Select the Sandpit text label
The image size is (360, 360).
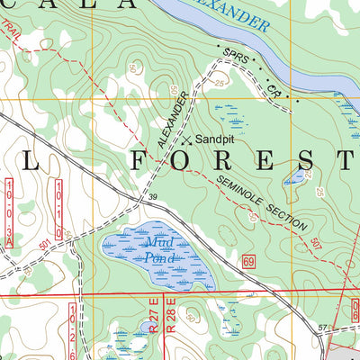pos(213,140)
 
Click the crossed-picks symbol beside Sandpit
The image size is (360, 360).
pos(186,140)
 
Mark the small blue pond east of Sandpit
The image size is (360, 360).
pos(295,176)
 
